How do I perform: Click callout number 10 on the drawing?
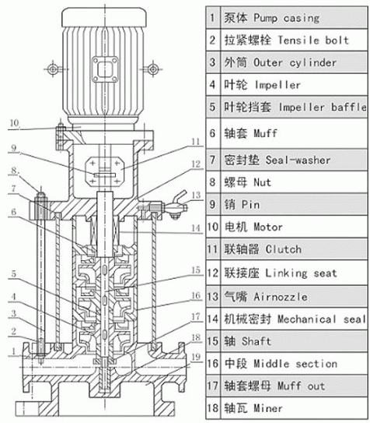click(14, 123)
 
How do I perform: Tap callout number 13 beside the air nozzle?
click(196, 195)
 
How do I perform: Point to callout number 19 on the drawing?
click(196, 358)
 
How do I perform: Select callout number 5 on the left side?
click(13, 273)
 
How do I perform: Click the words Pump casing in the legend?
click(286, 18)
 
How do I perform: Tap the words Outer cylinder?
click(295, 63)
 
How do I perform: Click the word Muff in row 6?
click(265, 133)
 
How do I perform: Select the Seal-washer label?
click(298, 160)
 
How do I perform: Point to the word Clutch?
click(284, 249)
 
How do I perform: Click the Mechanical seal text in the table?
click(322, 319)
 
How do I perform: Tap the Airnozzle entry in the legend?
click(281, 297)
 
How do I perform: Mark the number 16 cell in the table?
click(212, 363)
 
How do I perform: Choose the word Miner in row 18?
click(268, 408)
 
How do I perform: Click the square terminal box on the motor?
click(105, 69)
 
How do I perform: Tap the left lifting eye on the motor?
click(53, 69)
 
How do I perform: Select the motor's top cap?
click(104, 17)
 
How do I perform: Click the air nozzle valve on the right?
click(176, 205)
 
